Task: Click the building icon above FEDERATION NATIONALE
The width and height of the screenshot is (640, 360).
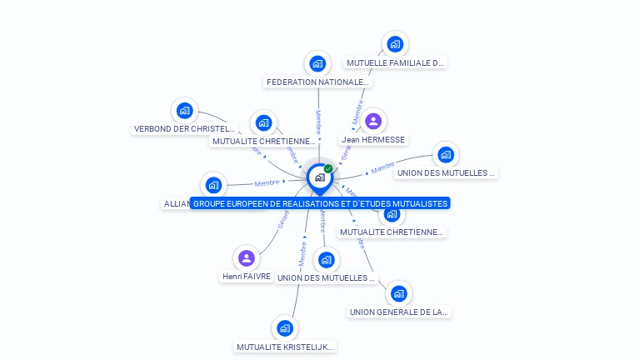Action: point(317,63)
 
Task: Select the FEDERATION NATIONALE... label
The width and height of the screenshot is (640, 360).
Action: point(317,82)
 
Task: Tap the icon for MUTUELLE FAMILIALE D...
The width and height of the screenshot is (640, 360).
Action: point(395,44)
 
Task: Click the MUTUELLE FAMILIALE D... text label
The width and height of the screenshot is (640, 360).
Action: point(395,62)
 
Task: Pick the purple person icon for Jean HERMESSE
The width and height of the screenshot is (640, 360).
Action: point(372,122)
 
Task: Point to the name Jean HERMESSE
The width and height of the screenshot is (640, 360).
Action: point(372,140)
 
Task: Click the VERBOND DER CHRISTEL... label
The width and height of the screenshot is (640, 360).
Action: point(184,129)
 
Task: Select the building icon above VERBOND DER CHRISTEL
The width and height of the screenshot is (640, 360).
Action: point(184,110)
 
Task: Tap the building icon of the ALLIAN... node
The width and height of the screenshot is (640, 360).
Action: point(213,185)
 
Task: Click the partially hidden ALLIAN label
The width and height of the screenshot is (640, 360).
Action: point(176,203)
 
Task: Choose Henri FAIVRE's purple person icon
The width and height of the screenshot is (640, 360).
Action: point(246,257)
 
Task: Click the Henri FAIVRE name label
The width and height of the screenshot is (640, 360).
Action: point(246,276)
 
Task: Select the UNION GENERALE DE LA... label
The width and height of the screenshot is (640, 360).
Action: point(399,312)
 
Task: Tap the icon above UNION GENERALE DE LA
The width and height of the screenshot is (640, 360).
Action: point(399,293)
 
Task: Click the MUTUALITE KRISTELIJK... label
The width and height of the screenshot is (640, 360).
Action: point(285,347)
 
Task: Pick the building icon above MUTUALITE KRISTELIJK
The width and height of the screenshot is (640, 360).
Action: point(285,327)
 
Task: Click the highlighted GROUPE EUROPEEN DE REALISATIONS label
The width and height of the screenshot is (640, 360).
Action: point(320,203)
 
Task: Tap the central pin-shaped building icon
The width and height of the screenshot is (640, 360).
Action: point(319,177)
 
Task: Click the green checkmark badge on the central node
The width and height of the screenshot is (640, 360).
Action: point(328,169)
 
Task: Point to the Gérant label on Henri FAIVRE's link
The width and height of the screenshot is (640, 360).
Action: point(283,220)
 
